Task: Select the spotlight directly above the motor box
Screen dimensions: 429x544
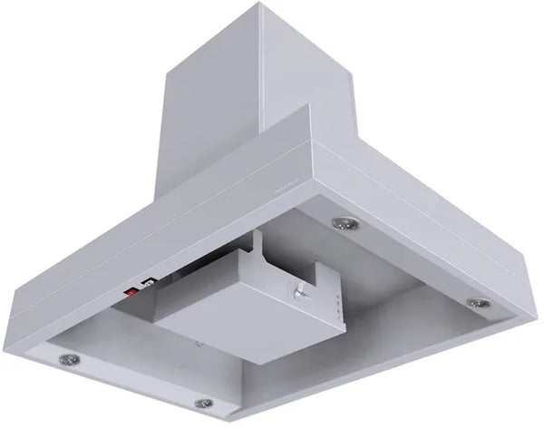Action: coord(343,223)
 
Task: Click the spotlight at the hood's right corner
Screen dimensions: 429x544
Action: coord(479,303)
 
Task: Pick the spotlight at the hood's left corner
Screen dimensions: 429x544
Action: coord(67,360)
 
